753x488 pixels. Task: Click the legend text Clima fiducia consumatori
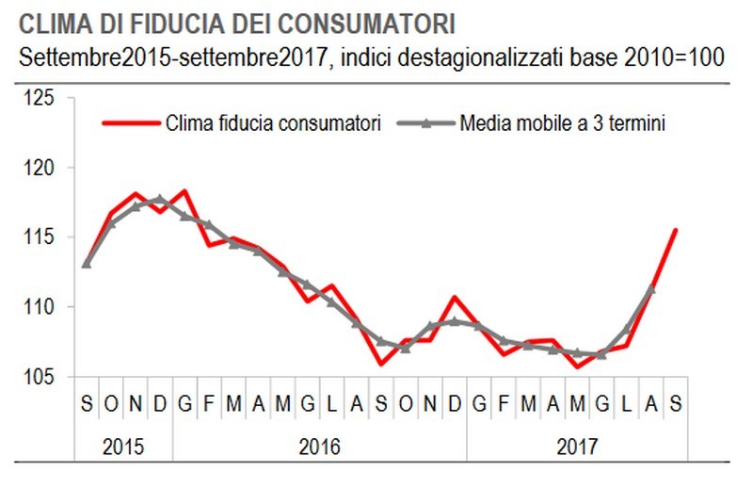[x=273, y=123]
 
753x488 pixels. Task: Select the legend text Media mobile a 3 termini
[x=563, y=123]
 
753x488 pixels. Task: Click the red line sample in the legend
[x=129, y=123]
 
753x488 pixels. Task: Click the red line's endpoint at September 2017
[x=676, y=230]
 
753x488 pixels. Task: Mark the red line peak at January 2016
[x=184, y=191]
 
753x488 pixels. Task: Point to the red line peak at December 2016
[x=455, y=298]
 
